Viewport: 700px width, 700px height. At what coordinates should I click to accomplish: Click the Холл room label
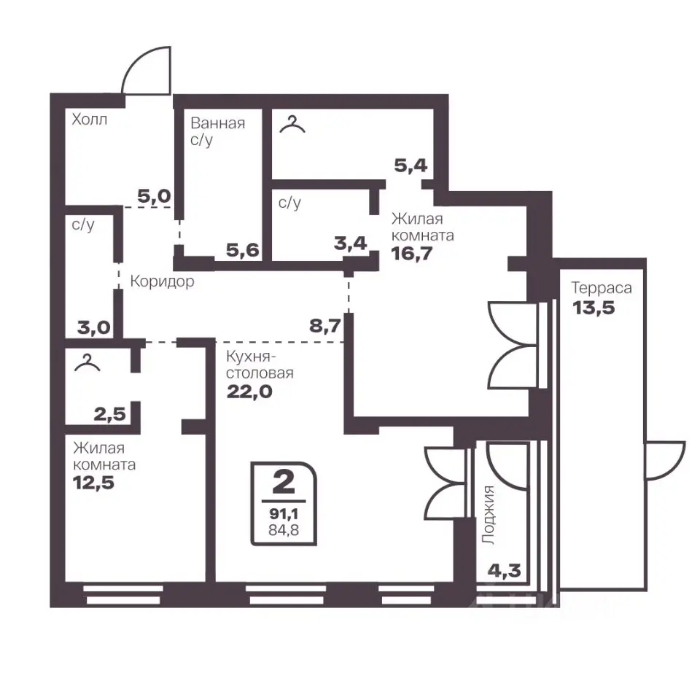point(89,119)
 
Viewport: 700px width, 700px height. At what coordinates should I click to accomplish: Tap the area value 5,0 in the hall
point(154,196)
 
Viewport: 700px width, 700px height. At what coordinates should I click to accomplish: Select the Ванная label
point(218,122)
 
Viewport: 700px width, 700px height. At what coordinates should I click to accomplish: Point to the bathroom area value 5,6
point(242,250)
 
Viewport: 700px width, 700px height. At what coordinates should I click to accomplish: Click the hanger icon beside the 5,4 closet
point(292,124)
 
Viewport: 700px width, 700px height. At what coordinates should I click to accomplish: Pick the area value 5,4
point(411,166)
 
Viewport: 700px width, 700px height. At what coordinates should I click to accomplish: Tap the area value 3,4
point(351,244)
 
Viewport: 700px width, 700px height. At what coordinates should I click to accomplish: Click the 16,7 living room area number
point(411,253)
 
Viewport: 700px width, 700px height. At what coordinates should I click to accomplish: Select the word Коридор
point(162,281)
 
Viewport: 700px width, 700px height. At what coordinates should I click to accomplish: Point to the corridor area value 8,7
point(325,326)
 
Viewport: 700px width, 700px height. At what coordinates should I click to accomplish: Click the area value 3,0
point(94,327)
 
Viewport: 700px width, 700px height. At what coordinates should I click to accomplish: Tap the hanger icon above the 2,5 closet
point(87,362)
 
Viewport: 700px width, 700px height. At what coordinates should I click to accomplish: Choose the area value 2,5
point(110,414)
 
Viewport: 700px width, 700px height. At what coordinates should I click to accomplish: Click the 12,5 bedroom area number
point(93,483)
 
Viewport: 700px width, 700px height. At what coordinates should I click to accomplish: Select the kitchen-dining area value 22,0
point(249,392)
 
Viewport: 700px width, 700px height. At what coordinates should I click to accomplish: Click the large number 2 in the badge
point(284,482)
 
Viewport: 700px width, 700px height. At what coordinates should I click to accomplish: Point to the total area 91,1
point(284,514)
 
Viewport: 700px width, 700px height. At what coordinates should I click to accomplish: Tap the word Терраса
point(602,288)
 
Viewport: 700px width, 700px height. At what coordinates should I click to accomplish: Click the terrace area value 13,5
point(594,308)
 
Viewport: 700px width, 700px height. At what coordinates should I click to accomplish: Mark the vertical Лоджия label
point(489,515)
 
